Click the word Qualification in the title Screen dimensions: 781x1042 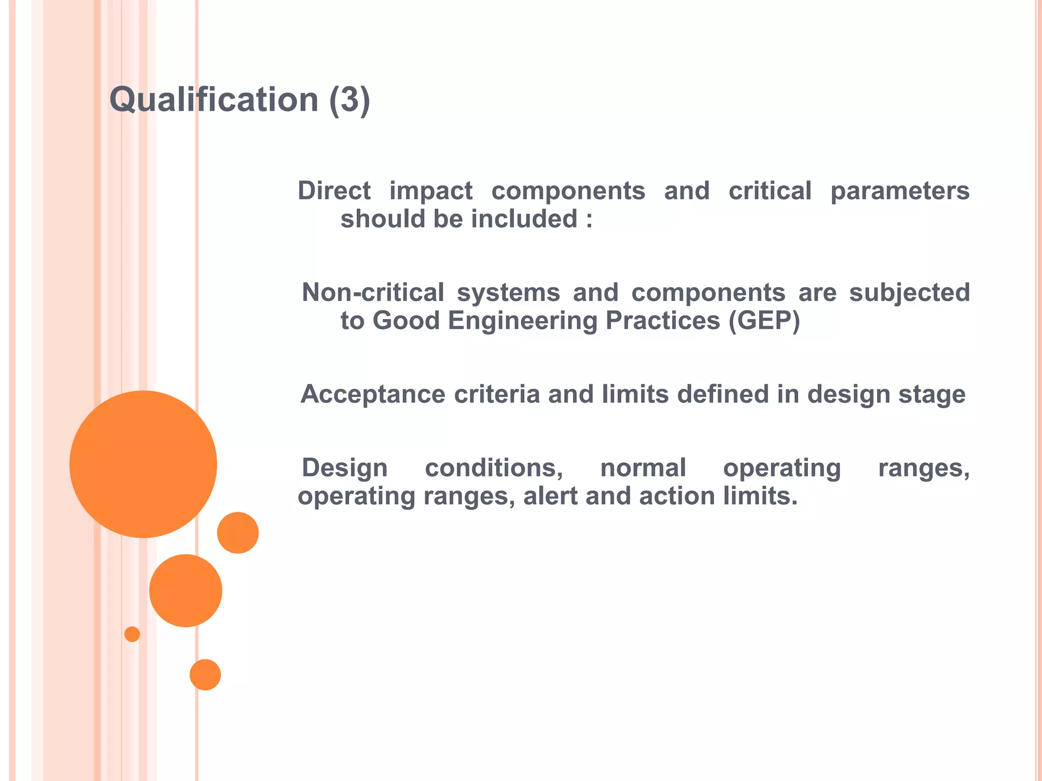point(214,100)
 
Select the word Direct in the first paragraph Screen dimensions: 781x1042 point(334,191)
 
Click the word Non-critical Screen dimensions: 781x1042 point(372,293)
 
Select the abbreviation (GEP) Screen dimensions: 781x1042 point(764,321)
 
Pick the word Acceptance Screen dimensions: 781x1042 point(373,395)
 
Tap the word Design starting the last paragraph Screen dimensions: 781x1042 point(344,468)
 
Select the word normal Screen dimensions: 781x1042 point(643,468)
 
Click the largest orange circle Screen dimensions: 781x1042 point(143,464)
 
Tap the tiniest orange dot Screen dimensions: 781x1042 point(132,634)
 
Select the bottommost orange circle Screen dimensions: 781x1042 point(205,674)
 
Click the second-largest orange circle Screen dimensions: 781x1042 point(186,590)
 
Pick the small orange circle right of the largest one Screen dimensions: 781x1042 point(238,532)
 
